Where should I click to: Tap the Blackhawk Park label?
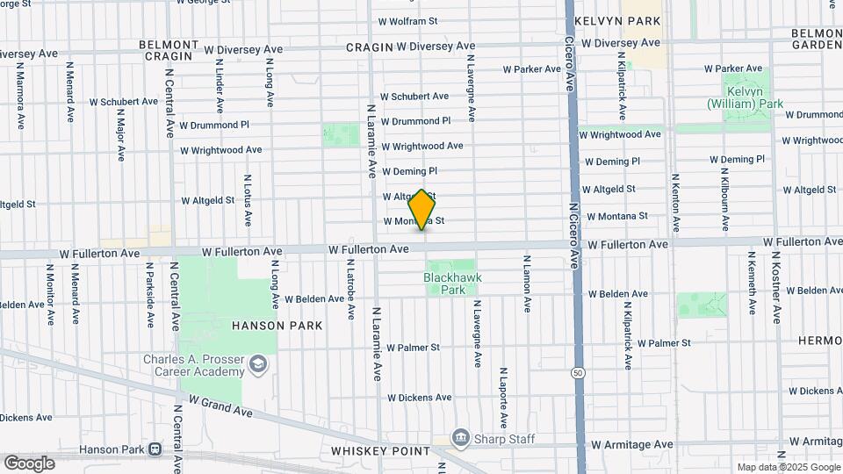pos(452,283)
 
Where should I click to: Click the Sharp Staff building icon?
pos(460,437)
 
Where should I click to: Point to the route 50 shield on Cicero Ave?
pos(577,372)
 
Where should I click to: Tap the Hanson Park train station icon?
pos(155,449)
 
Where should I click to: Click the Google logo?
pos(29,463)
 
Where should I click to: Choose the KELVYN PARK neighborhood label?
pos(616,19)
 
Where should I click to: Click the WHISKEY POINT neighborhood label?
pos(380,451)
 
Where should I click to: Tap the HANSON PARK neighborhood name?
pos(277,325)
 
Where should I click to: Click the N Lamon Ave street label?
pos(527,284)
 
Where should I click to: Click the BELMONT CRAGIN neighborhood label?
pos(169,50)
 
